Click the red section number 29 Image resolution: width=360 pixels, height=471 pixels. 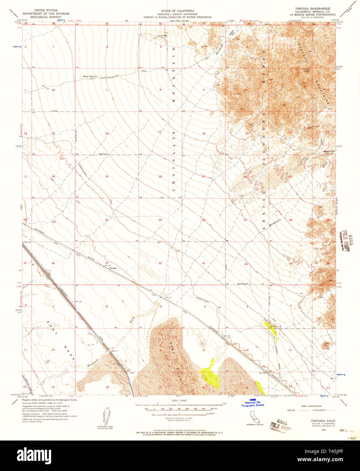pos(160,220)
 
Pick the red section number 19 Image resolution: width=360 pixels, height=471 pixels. pos(107,177)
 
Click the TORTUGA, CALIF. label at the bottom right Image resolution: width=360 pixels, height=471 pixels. pos(319,420)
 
